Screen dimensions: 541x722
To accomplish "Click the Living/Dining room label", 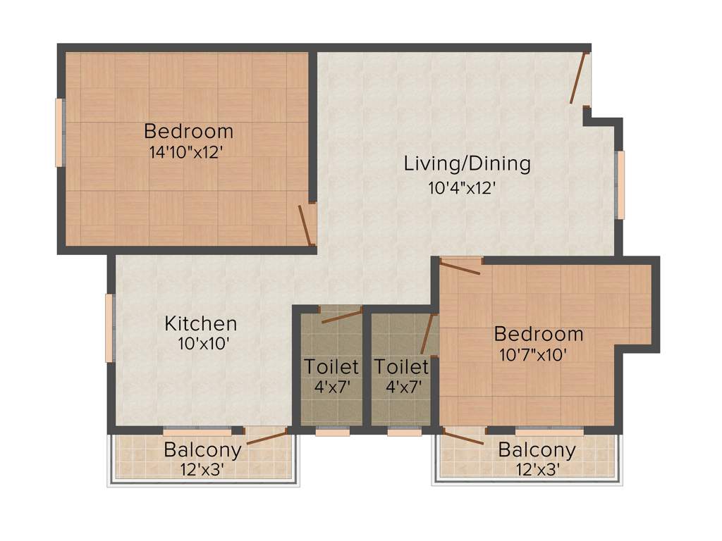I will [467, 163].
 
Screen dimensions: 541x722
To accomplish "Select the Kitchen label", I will [201, 324].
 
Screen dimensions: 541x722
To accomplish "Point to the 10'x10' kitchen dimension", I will [204, 344].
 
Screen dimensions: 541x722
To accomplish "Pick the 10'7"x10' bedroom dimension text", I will [533, 355].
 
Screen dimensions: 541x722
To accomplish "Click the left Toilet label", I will [331, 367].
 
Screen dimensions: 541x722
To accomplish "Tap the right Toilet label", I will [401, 367].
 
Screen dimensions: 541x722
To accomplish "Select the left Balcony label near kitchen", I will [202, 449].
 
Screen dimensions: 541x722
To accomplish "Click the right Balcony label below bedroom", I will [537, 449].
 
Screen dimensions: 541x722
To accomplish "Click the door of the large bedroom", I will [305, 225].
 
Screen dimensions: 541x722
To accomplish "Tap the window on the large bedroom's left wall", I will [60, 132].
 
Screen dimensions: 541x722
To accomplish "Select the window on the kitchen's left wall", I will [109, 328].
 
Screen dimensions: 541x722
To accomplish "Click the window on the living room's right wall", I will [620, 185].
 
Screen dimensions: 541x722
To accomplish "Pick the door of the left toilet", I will [341, 316].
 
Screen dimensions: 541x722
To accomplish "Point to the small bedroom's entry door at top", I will [460, 266].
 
